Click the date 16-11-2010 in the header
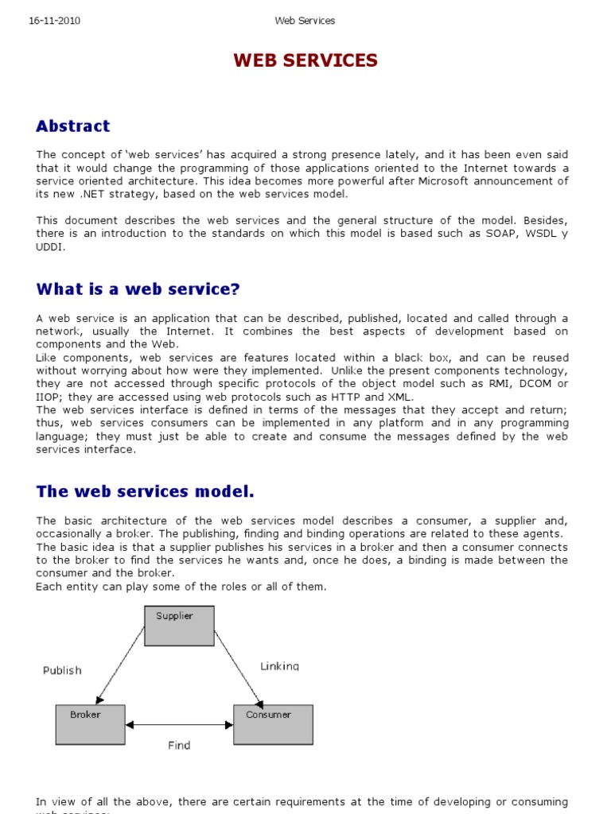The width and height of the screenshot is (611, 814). pyautogui.click(x=54, y=21)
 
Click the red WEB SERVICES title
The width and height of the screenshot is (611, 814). pyautogui.click(x=305, y=61)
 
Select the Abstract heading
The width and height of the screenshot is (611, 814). pyautogui.click(x=73, y=126)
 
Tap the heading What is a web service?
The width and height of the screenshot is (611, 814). pyautogui.click(x=138, y=289)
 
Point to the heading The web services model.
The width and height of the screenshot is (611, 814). pyautogui.click(x=145, y=492)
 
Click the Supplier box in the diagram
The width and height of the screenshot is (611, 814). pyautogui.click(x=178, y=626)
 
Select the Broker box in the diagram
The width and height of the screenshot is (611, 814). pyautogui.click(x=90, y=724)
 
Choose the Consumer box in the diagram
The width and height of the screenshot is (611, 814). pyautogui.click(x=272, y=724)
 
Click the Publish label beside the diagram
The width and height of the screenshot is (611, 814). pyautogui.click(x=62, y=670)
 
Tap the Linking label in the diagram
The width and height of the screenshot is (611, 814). pyautogui.click(x=280, y=666)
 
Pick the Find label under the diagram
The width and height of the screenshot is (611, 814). pyautogui.click(x=179, y=746)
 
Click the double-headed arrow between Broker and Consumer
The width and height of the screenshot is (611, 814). pyautogui.click(x=178, y=724)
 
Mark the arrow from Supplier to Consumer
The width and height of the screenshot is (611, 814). pyautogui.click(x=238, y=665)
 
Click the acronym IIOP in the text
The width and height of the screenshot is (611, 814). pyautogui.click(x=49, y=397)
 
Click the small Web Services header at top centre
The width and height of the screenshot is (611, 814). pyautogui.click(x=305, y=21)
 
